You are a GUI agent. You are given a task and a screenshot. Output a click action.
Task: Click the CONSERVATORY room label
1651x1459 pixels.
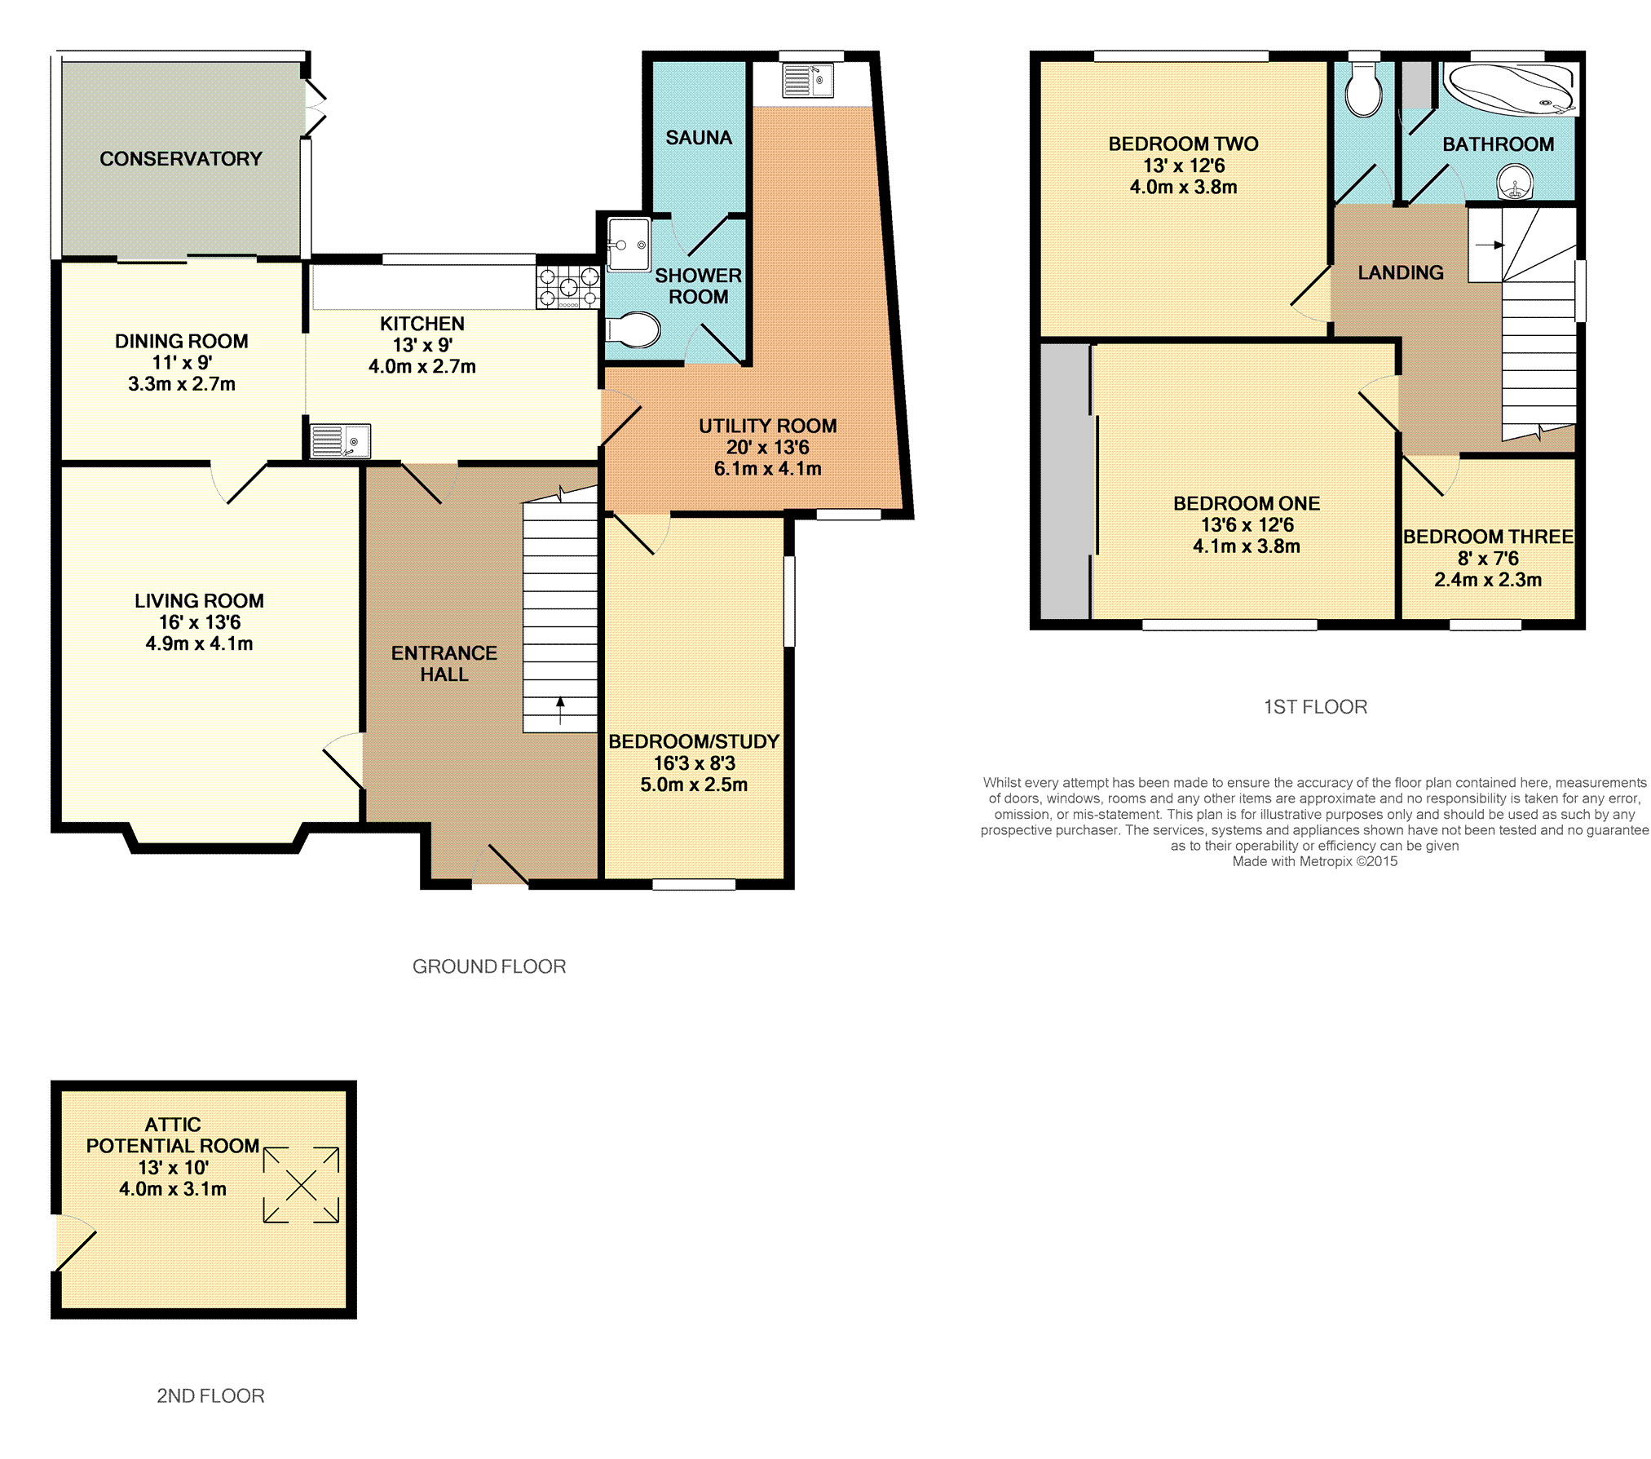pyautogui.click(x=181, y=159)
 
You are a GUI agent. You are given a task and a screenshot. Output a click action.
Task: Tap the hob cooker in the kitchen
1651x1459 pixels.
pyautogui.click(x=568, y=287)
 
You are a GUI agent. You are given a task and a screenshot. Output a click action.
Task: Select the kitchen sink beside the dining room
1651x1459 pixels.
pyautogui.click(x=341, y=441)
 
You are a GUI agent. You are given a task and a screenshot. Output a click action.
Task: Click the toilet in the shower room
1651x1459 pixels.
pyautogui.click(x=633, y=330)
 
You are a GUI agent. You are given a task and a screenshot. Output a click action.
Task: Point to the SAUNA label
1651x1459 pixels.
pyautogui.click(x=699, y=138)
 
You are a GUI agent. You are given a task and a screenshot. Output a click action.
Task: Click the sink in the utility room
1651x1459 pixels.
pyautogui.click(x=808, y=81)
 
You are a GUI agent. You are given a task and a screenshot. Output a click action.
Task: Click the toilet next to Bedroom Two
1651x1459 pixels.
pyautogui.click(x=1363, y=90)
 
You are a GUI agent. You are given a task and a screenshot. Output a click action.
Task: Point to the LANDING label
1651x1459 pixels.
pyautogui.click(x=1401, y=272)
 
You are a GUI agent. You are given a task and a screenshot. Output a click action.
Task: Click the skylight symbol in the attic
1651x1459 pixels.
pyautogui.click(x=301, y=1185)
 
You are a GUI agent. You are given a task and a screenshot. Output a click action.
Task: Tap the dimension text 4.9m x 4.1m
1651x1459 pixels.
pyautogui.click(x=199, y=643)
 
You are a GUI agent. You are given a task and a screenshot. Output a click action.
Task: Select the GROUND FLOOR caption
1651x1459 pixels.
pyautogui.click(x=489, y=966)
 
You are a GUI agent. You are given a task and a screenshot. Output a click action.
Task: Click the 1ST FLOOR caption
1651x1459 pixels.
pyautogui.click(x=1315, y=707)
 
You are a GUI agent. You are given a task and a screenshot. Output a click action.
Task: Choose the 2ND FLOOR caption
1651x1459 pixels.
pyautogui.click(x=210, y=1396)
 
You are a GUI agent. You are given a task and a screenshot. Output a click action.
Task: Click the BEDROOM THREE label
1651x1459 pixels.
pyautogui.click(x=1488, y=537)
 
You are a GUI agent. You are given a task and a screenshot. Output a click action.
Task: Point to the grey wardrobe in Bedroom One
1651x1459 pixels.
pyautogui.click(x=1065, y=481)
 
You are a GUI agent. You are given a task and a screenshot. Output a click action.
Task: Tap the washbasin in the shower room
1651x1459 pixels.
pyautogui.click(x=629, y=244)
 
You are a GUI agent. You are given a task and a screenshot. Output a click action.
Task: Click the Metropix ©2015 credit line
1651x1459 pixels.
pyautogui.click(x=1314, y=861)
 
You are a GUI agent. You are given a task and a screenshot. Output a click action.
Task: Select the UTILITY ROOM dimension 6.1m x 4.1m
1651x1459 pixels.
pyautogui.click(x=768, y=469)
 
